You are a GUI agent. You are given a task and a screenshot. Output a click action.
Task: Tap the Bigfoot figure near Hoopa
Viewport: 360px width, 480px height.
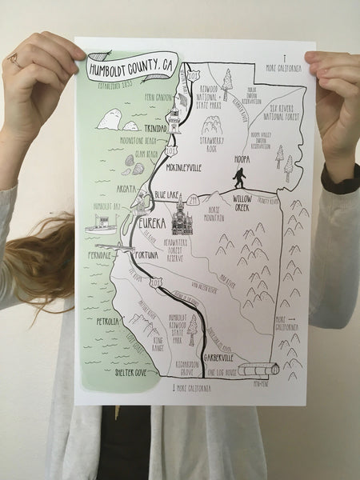point(238,178)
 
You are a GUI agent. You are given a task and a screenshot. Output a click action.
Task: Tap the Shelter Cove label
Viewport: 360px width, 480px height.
point(113,373)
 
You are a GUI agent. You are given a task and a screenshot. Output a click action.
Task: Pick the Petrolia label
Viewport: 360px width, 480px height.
point(107,322)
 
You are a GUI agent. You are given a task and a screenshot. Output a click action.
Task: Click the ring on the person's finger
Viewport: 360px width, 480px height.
point(14,59)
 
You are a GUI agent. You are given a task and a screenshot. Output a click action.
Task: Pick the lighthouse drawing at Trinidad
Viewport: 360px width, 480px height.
point(174,118)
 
